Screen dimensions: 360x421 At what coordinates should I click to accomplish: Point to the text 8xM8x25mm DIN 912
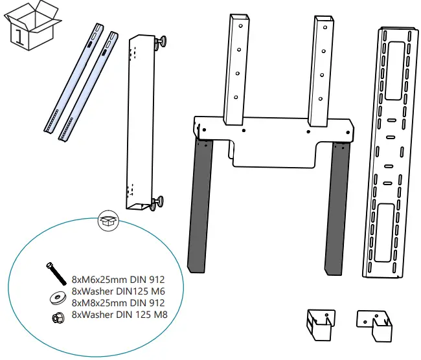[x=117, y=303]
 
